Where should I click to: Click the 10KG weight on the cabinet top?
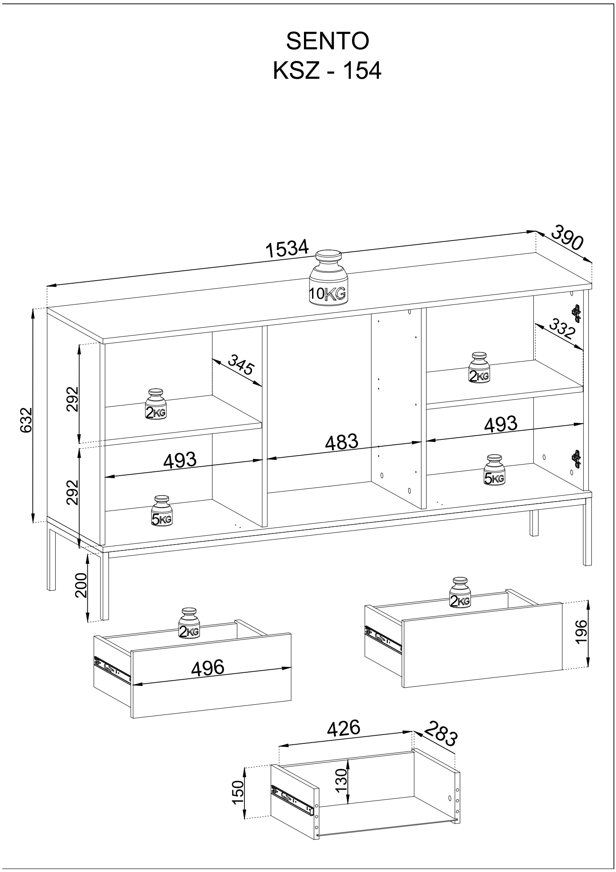(x=328, y=278)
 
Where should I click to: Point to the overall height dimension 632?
(x=26, y=420)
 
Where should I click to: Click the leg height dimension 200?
(x=81, y=585)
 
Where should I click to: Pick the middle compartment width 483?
(x=341, y=442)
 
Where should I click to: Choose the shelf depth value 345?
(x=241, y=364)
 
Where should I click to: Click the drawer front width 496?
(x=208, y=667)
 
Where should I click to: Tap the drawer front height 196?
(x=581, y=633)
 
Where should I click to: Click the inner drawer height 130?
(x=341, y=780)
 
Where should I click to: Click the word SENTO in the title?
(x=327, y=41)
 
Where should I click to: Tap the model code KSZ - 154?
(x=327, y=71)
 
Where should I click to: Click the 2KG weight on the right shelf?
(x=479, y=368)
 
